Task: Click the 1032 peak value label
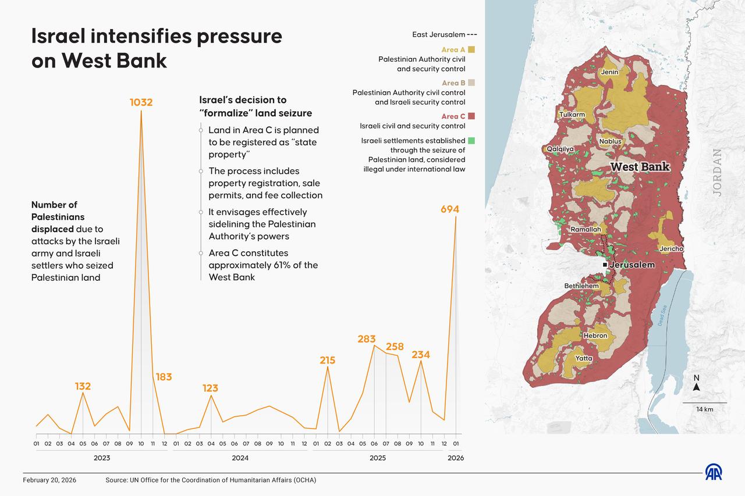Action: pos(141,102)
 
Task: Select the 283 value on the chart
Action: pos(367,339)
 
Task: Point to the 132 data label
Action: pos(83,386)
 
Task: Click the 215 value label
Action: pos(327,361)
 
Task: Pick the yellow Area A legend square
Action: pos(471,50)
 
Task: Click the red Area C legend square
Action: pos(471,116)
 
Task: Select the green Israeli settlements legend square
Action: pos(471,141)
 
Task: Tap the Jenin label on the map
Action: pos(609,72)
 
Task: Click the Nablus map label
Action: pos(610,141)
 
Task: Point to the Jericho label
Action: pos(671,249)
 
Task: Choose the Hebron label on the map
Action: pos(595,336)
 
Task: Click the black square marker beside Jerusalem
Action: pos(605,265)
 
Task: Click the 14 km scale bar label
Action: pos(704,409)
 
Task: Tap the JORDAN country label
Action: pos(717,173)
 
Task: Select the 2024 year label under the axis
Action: pos(240,458)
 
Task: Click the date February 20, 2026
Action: pos(49,480)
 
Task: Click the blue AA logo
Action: pos(714,472)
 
